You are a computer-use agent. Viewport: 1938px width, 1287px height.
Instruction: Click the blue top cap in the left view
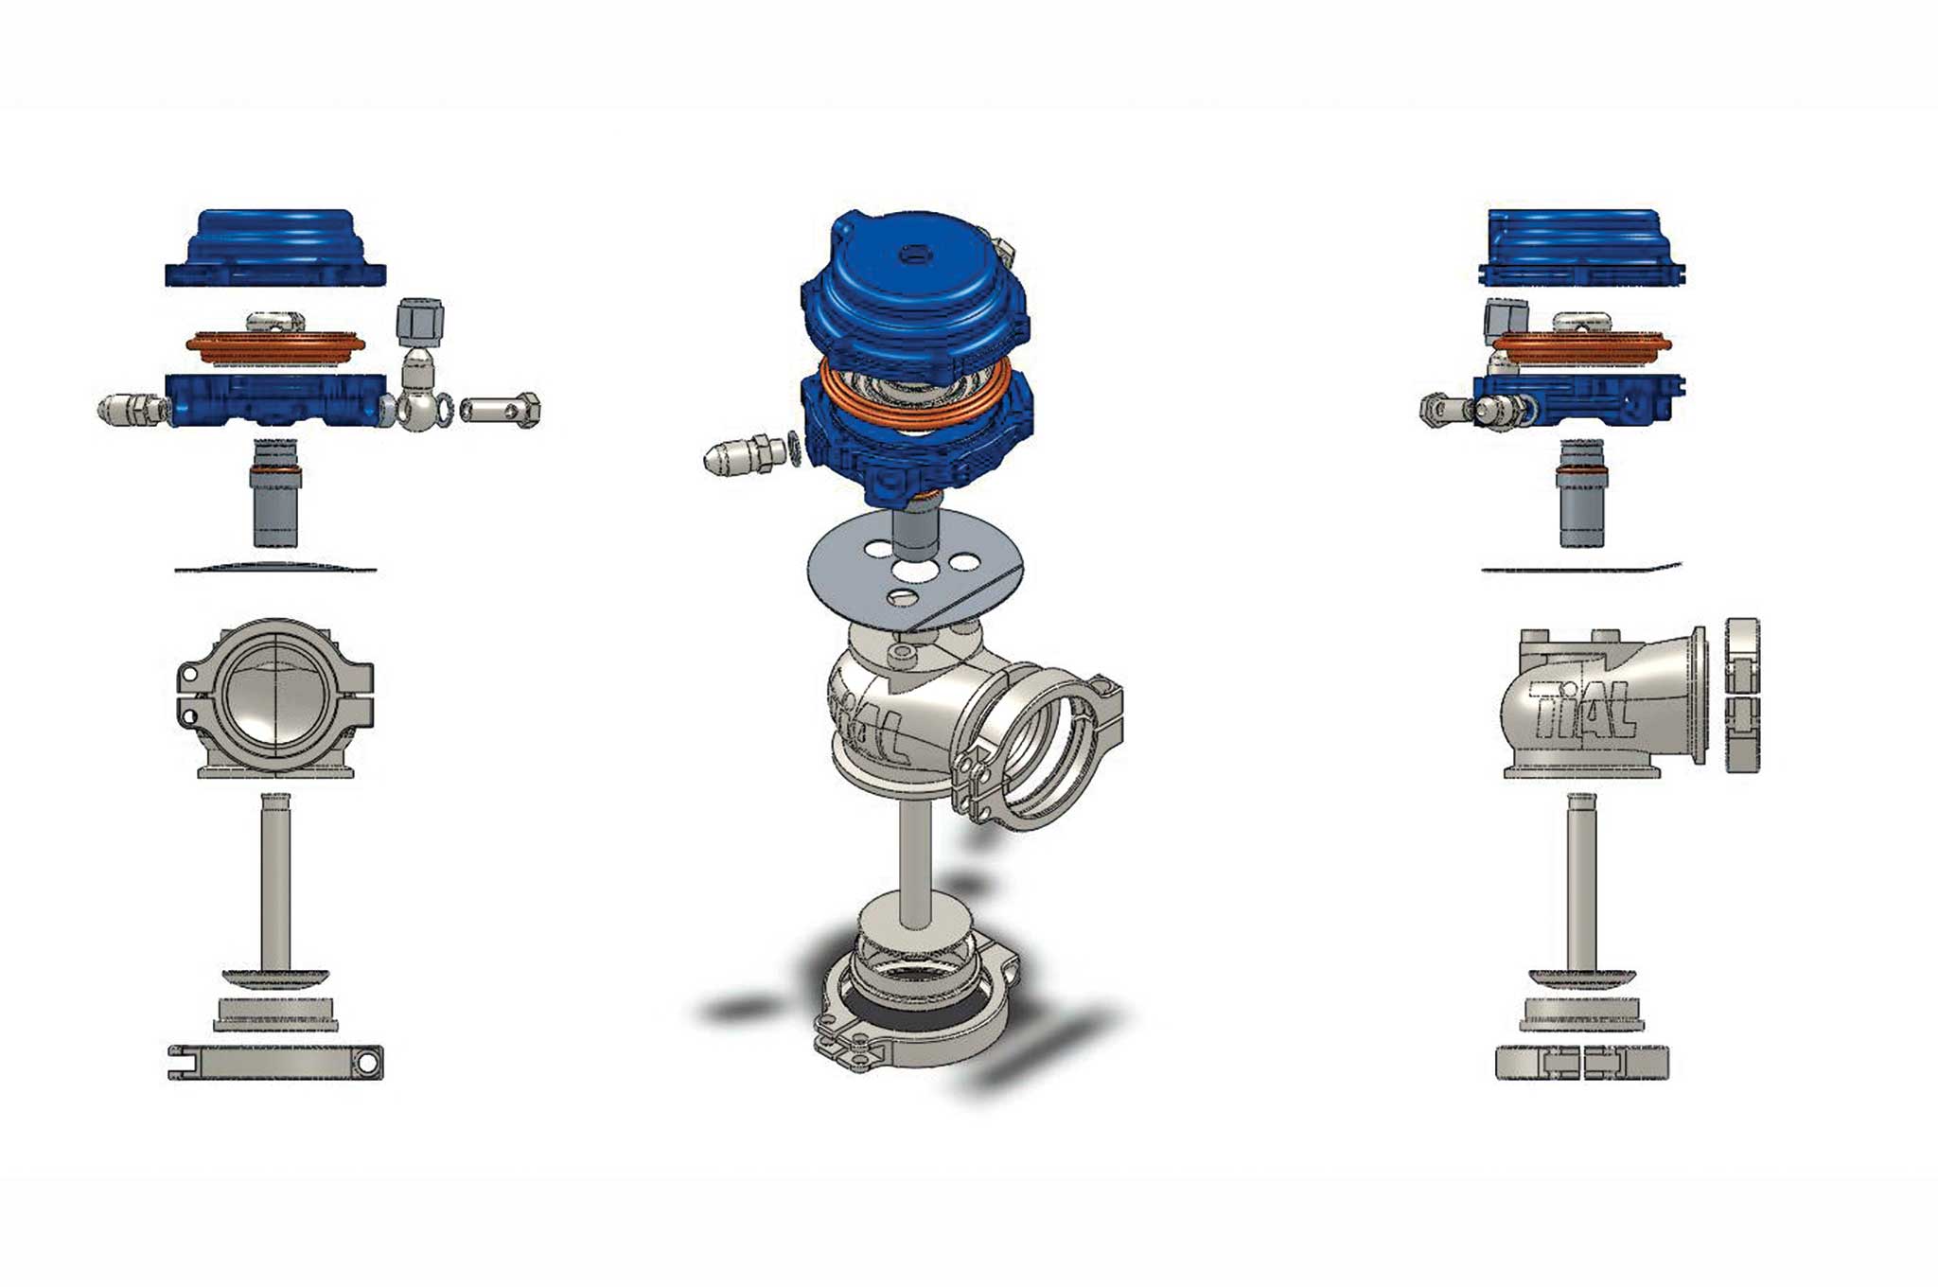pyautogui.click(x=275, y=248)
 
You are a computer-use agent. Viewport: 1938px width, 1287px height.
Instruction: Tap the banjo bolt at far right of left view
pyautogui.click(x=500, y=410)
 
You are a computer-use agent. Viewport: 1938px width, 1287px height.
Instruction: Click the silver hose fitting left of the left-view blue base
pyautogui.click(x=134, y=409)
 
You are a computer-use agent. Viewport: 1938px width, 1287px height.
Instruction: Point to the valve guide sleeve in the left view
pyautogui.click(x=275, y=493)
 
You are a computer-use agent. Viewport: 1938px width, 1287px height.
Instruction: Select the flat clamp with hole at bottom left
pyautogui.click(x=275, y=1062)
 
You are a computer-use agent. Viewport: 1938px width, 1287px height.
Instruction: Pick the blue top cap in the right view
pyautogui.click(x=1581, y=247)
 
